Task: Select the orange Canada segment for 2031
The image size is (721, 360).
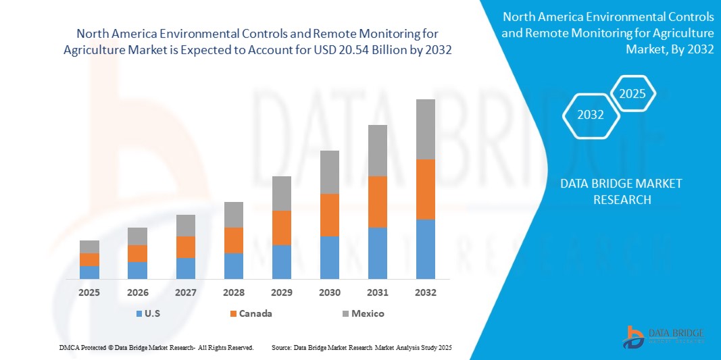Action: pyautogui.click(x=377, y=201)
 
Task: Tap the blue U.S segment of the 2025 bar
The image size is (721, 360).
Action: pyautogui.click(x=89, y=272)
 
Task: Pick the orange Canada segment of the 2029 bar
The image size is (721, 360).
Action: pyautogui.click(x=281, y=228)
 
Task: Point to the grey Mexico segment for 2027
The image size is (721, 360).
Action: pyautogui.click(x=185, y=226)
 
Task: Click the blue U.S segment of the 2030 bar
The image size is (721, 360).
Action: pyautogui.click(x=329, y=257)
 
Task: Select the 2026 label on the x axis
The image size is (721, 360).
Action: pyautogui.click(x=137, y=292)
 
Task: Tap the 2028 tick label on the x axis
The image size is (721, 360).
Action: pyautogui.click(x=233, y=292)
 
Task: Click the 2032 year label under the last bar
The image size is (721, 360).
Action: pyautogui.click(x=425, y=292)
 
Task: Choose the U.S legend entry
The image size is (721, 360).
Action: pyautogui.click(x=149, y=313)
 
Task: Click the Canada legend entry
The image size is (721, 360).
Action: pyautogui.click(x=251, y=313)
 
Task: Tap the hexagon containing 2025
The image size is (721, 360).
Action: pyautogui.click(x=632, y=94)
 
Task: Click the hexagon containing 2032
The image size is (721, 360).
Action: pyautogui.click(x=591, y=115)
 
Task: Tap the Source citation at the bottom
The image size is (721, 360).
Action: pyautogui.click(x=361, y=347)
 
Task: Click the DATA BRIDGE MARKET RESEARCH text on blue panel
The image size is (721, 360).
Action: pyautogui.click(x=622, y=191)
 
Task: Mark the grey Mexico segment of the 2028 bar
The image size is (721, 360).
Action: pyautogui.click(x=233, y=215)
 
